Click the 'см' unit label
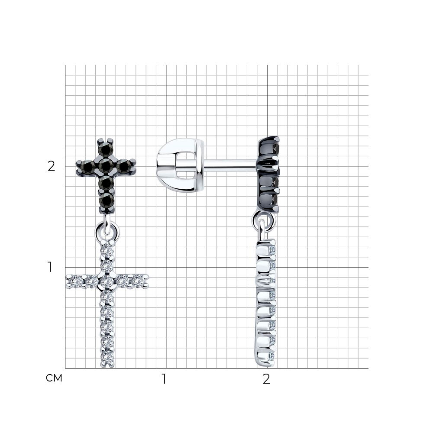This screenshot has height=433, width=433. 54,378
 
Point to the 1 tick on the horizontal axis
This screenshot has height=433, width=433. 164,379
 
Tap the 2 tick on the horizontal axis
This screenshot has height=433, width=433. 266,379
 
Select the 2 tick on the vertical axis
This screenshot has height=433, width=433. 52,166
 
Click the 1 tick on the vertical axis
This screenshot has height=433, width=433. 50,267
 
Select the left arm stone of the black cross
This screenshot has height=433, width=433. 88,166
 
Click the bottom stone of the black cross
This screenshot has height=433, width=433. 107,200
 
